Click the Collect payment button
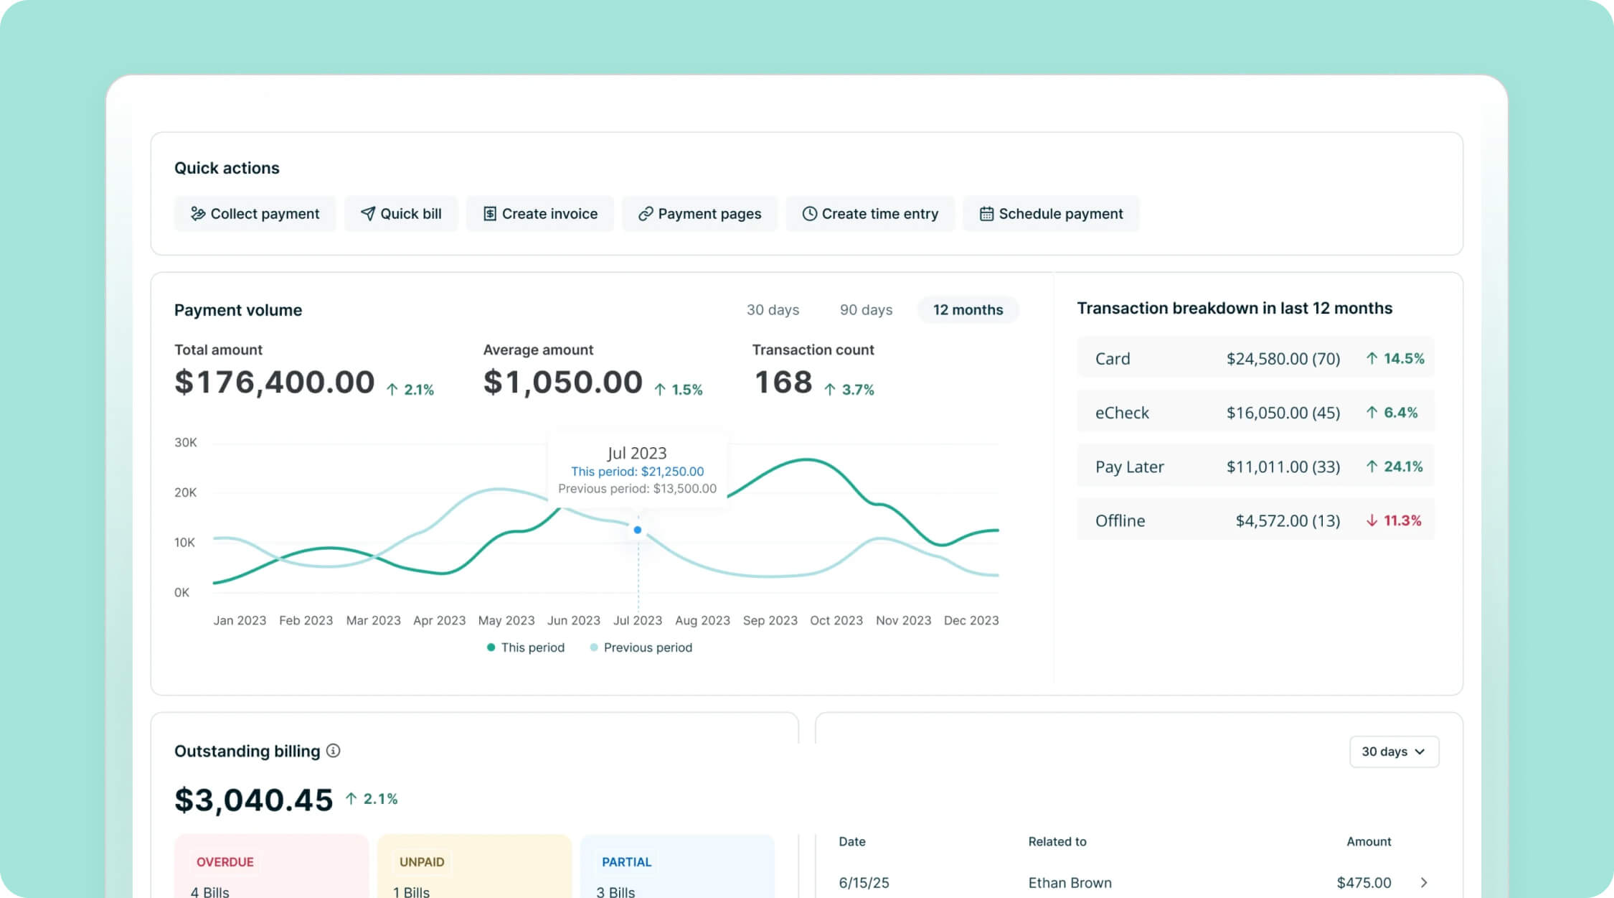coord(255,214)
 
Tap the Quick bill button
coord(401,214)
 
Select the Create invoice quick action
coord(540,214)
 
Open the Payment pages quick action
coord(699,214)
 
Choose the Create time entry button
coord(870,214)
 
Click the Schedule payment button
coord(1051,214)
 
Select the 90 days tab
coord(866,310)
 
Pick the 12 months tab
coord(968,310)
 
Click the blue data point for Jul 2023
coord(638,530)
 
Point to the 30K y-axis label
coord(186,443)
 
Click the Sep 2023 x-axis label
coord(770,620)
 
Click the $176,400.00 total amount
coord(275,382)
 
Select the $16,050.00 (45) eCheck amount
coord(1283,413)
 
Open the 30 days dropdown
coord(1394,752)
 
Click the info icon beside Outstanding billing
coord(334,751)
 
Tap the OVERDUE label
coord(225,861)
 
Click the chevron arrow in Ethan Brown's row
coord(1424,882)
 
